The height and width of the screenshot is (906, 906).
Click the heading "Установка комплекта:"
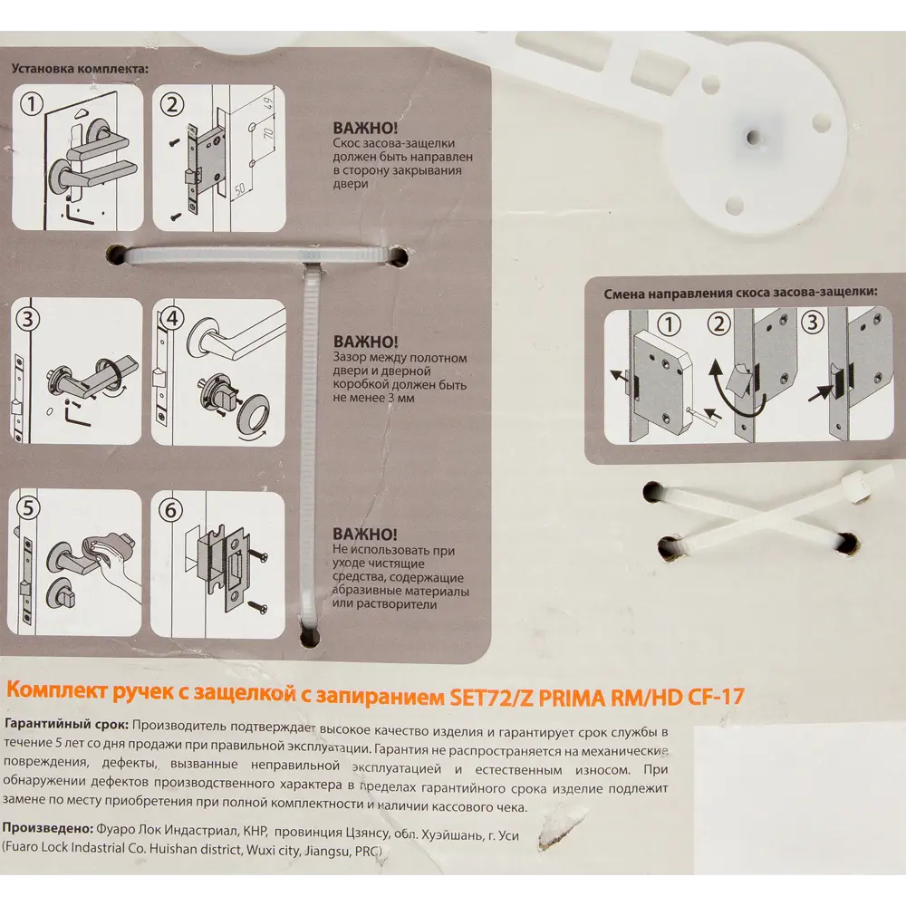[x=81, y=68]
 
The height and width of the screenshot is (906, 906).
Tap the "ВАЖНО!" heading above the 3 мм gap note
[x=365, y=342]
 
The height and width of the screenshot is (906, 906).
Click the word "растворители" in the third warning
[x=384, y=604]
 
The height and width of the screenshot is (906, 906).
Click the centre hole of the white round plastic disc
[x=752, y=138]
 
